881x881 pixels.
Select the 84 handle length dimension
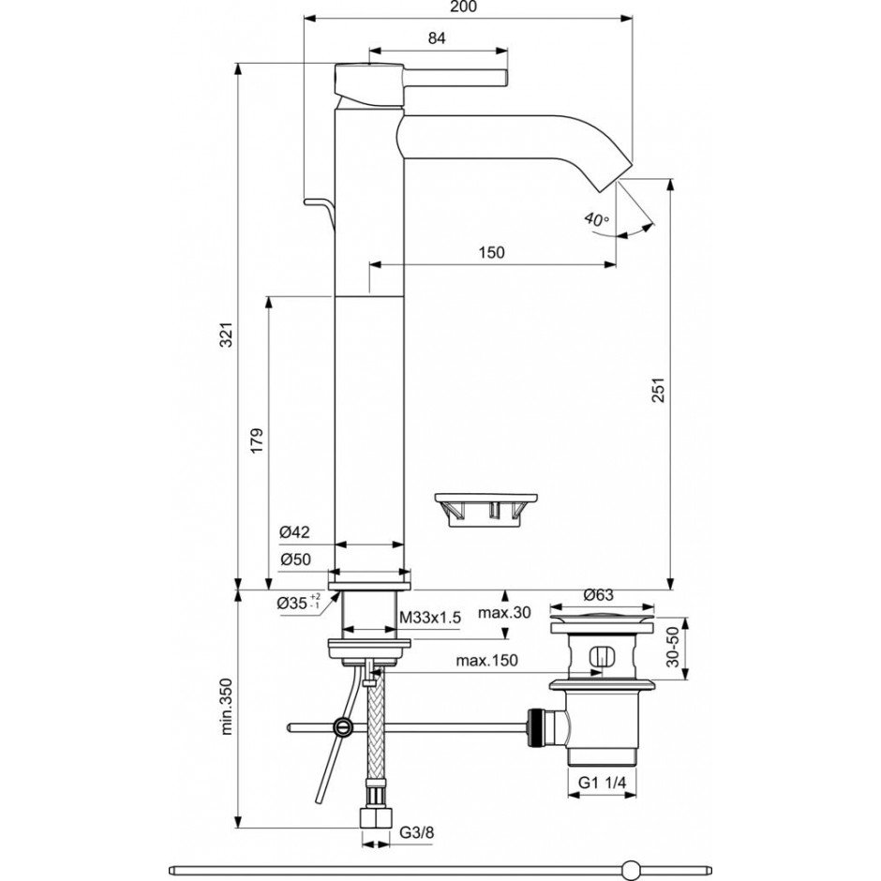click(x=435, y=37)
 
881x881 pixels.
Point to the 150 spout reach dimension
click(x=491, y=252)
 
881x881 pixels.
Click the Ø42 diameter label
click(x=294, y=531)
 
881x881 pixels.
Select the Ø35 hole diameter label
click(x=298, y=603)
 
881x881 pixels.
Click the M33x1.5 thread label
click(x=431, y=617)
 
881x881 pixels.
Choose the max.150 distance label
click(x=487, y=661)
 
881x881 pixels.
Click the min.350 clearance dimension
click(x=226, y=708)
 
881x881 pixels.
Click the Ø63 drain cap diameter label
click(x=598, y=594)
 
